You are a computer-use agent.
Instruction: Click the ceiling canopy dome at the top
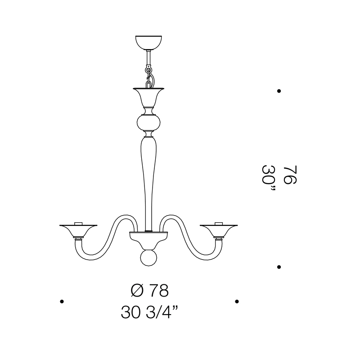tap(148, 42)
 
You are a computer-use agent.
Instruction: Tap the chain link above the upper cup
tap(149, 77)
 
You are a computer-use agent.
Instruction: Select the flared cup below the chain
tap(148, 97)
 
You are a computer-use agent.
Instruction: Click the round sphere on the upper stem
tap(148, 123)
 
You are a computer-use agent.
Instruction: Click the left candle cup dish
tap(78, 230)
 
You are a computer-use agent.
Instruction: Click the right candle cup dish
tap(219, 230)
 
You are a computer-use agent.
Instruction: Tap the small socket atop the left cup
tap(78, 223)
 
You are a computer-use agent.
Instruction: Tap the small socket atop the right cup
tap(219, 223)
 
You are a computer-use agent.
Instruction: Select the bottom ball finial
tap(148, 258)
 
